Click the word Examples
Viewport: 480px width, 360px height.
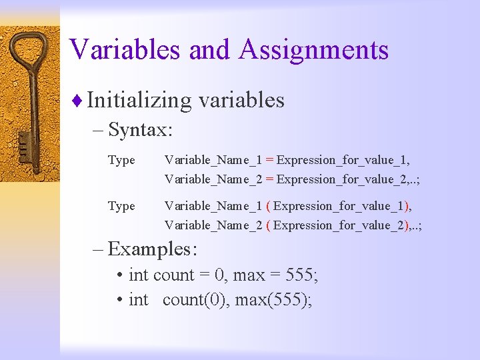(x=152, y=249)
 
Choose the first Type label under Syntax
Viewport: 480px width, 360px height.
(x=121, y=160)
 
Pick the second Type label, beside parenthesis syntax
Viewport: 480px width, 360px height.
(x=121, y=206)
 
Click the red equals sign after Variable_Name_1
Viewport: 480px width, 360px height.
(x=269, y=160)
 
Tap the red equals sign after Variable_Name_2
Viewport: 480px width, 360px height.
(x=269, y=179)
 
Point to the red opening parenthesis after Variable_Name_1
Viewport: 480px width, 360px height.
(x=268, y=206)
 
